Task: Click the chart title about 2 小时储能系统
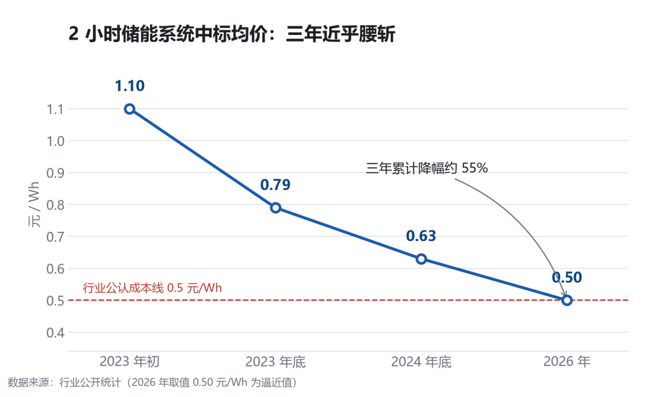pyautogui.click(x=231, y=34)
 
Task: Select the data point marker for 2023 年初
pyautogui.click(x=130, y=109)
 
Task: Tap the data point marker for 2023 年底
pyautogui.click(x=275, y=208)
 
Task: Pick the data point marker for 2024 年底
pyautogui.click(x=421, y=259)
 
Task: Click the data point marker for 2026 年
pyautogui.click(x=567, y=301)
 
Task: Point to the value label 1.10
pyautogui.click(x=130, y=86)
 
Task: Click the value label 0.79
pyautogui.click(x=275, y=185)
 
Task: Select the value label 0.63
pyautogui.click(x=421, y=236)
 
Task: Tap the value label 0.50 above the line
pyautogui.click(x=567, y=278)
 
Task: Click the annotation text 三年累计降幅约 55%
pyautogui.click(x=427, y=168)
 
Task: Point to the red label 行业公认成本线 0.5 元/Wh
pyautogui.click(x=153, y=288)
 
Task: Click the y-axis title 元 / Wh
pyautogui.click(x=34, y=204)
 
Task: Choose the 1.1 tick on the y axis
pyautogui.click(x=55, y=110)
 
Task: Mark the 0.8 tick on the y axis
pyautogui.click(x=55, y=205)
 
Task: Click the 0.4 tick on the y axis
pyautogui.click(x=55, y=333)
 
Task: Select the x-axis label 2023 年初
pyautogui.click(x=130, y=361)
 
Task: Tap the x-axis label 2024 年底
pyautogui.click(x=421, y=361)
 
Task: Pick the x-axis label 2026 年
pyautogui.click(x=567, y=361)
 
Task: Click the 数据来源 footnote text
pyautogui.click(x=153, y=383)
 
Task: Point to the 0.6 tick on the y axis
pyautogui.click(x=55, y=269)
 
